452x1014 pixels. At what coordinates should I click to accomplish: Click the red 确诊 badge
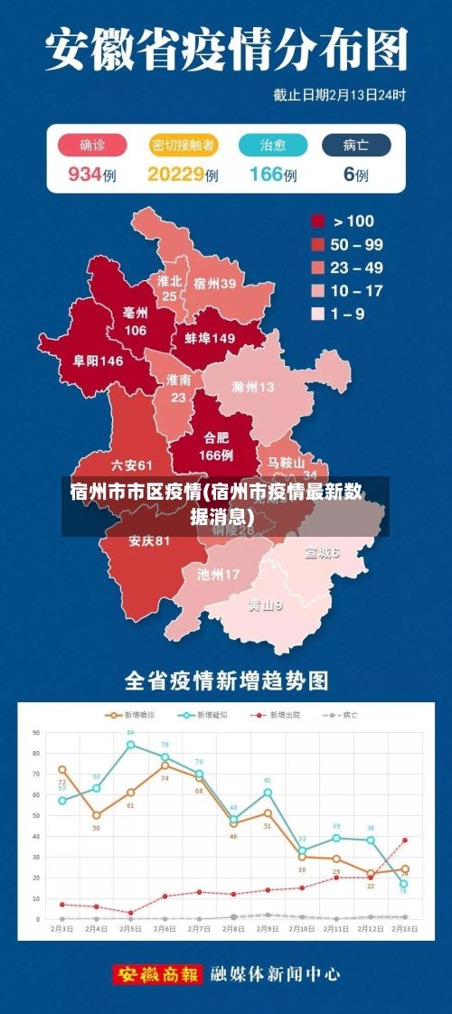tap(91, 145)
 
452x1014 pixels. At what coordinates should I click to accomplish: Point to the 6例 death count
tap(355, 174)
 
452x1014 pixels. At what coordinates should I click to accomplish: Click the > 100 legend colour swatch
tap(318, 221)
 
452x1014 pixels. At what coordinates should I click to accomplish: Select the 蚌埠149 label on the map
tap(210, 338)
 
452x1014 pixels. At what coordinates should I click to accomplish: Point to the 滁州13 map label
tap(253, 387)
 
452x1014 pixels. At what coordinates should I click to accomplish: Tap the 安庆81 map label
tap(149, 541)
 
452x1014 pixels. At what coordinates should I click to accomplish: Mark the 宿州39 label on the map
tap(215, 283)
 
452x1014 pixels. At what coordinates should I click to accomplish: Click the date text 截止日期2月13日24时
tap(339, 94)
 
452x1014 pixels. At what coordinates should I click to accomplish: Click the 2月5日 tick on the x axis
tap(130, 929)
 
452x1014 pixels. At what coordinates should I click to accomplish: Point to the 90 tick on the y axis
tap(37, 733)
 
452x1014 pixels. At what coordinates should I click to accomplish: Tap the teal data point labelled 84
tap(130, 745)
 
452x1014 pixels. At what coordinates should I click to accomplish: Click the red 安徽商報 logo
tap(158, 974)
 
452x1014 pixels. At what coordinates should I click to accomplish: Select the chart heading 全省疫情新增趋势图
tap(226, 679)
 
